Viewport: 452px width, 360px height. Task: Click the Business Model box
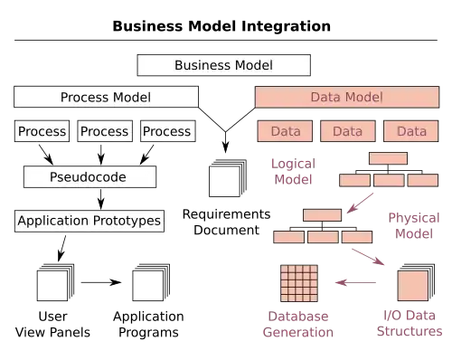(223, 65)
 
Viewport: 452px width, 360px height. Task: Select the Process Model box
(106, 97)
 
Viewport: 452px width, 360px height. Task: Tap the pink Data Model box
(347, 97)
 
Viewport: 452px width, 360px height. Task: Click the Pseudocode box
(89, 176)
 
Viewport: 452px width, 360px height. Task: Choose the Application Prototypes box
(89, 221)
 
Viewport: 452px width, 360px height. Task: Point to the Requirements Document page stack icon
(228, 178)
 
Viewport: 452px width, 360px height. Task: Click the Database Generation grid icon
(299, 283)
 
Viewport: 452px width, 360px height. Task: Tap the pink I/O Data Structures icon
(416, 282)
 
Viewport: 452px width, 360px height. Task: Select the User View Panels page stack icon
(55, 282)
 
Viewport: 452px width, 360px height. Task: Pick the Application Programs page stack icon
(151, 282)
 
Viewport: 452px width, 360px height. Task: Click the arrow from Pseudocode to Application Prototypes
(101, 199)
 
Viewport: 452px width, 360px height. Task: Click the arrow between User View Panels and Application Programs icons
(101, 282)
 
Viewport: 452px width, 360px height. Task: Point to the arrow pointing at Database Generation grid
(355, 282)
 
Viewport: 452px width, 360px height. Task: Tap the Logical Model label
(293, 172)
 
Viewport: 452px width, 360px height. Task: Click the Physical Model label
(414, 225)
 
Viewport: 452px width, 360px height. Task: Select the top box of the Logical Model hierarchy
(388, 158)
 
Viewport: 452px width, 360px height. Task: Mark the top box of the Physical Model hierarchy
(322, 215)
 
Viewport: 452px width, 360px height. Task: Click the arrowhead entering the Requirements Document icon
(225, 147)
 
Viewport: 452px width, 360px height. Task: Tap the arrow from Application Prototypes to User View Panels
(61, 249)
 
